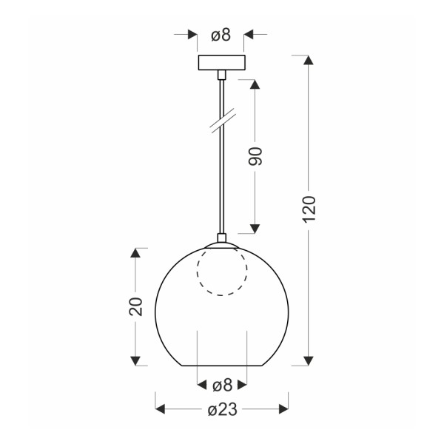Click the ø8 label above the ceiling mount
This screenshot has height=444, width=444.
(x=221, y=35)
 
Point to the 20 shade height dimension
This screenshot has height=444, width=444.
(x=135, y=306)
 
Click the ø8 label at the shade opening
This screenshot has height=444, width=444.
(x=222, y=385)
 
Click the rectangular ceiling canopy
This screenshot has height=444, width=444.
(x=221, y=63)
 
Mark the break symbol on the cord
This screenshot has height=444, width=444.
(x=221, y=121)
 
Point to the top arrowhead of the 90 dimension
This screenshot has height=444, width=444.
(x=255, y=84)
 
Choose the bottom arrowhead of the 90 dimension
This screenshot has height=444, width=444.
(x=255, y=227)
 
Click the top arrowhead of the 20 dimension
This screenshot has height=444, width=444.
(x=135, y=253)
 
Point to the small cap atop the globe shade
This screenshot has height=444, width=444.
(x=221, y=239)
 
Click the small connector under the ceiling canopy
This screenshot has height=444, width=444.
(x=221, y=75)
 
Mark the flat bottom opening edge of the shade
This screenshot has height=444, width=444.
(x=222, y=366)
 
